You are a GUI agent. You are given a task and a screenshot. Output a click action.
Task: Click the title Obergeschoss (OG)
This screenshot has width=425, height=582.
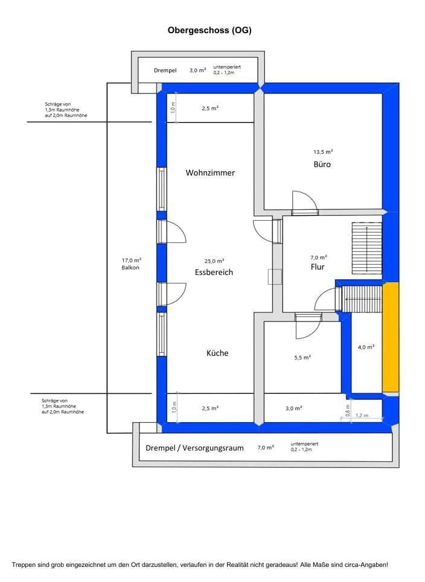(x=209, y=30)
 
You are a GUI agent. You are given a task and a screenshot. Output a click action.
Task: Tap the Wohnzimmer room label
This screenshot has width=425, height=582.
(x=210, y=172)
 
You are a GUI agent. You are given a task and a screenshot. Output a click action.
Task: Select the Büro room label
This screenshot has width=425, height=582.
(x=322, y=164)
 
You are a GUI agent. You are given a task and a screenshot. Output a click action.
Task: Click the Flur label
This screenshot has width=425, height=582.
(x=318, y=267)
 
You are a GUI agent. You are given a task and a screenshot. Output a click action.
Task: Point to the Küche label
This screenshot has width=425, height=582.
(x=217, y=353)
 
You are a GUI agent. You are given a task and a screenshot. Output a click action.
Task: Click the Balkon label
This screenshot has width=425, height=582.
(x=130, y=267)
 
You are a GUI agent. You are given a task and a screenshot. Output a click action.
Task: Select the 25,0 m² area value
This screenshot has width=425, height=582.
(x=214, y=261)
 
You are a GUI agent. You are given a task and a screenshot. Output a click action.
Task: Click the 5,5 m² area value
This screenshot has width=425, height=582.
(x=302, y=358)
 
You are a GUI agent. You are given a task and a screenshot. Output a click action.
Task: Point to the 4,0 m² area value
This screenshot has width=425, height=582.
(x=366, y=347)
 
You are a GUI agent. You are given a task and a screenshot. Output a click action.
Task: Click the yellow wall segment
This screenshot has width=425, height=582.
(x=390, y=337)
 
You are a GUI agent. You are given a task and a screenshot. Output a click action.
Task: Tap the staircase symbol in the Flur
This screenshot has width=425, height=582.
(x=366, y=248)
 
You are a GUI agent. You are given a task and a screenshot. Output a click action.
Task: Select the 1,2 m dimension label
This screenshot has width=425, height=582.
(x=361, y=416)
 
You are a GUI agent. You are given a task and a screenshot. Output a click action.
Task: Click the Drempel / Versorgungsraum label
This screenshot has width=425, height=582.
(x=194, y=448)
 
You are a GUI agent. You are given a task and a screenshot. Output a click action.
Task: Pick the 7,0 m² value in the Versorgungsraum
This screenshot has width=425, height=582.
(x=266, y=448)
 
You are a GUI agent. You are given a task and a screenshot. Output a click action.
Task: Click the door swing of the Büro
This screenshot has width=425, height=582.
(x=303, y=201)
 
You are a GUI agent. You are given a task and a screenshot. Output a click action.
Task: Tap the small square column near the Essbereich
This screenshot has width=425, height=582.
(x=275, y=276)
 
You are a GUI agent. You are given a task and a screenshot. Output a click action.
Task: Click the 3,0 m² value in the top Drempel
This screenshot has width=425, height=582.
(x=197, y=71)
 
